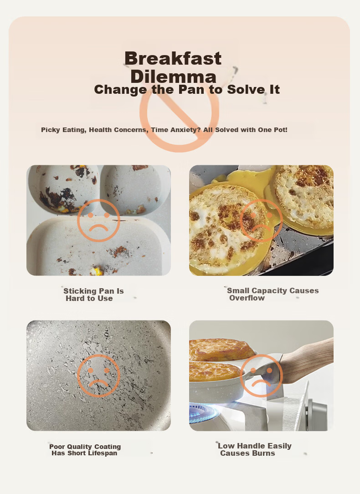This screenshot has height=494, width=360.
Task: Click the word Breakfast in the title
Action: click(x=173, y=58)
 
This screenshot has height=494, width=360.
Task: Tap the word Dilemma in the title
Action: click(x=173, y=76)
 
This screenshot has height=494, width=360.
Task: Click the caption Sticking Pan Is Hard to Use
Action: click(x=93, y=295)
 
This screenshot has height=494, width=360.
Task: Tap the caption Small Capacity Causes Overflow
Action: click(x=273, y=294)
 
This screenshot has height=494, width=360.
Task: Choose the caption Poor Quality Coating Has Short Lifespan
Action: click(x=85, y=449)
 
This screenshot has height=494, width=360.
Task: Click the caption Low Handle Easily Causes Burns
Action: click(x=254, y=449)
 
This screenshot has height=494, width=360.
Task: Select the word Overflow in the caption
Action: click(x=247, y=298)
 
